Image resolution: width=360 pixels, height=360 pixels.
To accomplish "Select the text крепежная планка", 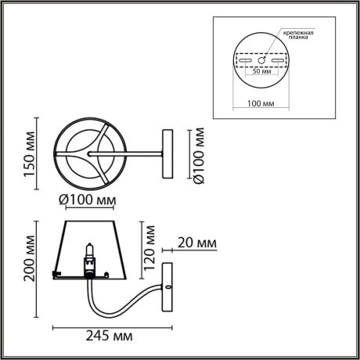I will [x=298, y=34].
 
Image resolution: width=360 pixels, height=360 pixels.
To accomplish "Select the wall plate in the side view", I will [x=168, y=289].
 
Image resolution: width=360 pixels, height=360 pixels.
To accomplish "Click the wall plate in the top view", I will [x=166, y=153].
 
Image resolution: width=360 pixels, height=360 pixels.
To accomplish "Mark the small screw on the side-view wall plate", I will [x=168, y=288].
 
